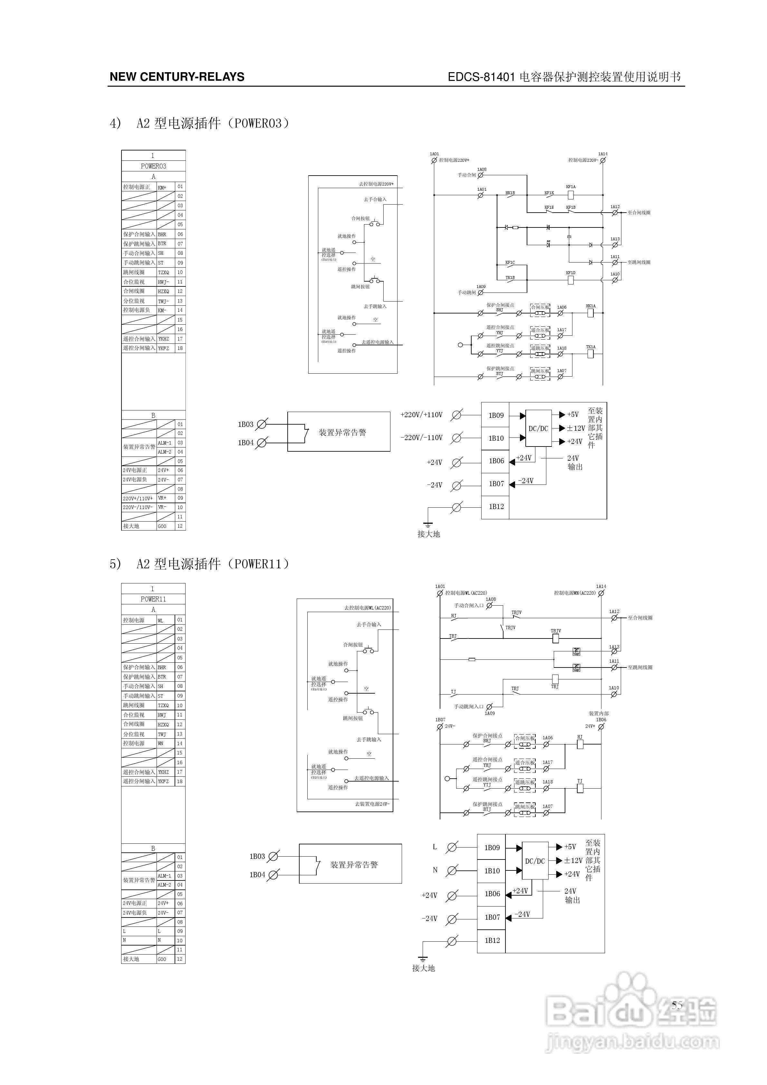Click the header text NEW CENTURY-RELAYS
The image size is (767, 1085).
point(177,77)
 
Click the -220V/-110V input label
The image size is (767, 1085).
point(422,437)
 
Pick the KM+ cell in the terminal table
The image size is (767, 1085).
point(162,187)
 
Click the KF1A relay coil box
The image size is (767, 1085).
point(571,194)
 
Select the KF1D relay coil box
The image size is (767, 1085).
point(571,280)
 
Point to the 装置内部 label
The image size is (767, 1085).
point(599,714)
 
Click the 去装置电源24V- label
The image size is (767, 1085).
point(372,804)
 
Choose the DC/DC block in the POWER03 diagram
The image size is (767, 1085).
point(538,428)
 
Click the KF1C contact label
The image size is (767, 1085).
point(510,262)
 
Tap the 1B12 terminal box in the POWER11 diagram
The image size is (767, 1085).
point(492,940)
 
